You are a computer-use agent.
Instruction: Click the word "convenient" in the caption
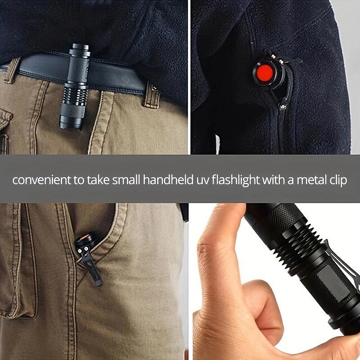pyautogui.click(x=38, y=181)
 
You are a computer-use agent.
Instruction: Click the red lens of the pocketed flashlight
pyautogui.click(x=263, y=72)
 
